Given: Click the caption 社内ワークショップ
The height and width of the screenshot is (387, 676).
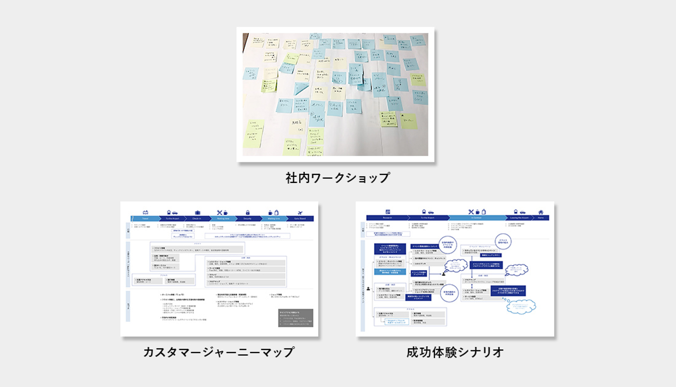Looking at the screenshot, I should click(338, 178).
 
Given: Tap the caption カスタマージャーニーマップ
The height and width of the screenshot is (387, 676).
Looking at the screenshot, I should click(219, 352).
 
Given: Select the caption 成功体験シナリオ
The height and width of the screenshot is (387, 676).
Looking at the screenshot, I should click(455, 352).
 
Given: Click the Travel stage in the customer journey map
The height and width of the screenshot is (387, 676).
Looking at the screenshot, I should click(145, 219).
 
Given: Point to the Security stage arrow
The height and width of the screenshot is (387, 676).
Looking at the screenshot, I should click(247, 219).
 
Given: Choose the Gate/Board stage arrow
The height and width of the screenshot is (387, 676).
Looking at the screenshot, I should click(300, 219).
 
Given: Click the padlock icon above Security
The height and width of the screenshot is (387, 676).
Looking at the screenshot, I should click(247, 212).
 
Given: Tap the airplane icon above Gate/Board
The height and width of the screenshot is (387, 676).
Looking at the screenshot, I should click(300, 212).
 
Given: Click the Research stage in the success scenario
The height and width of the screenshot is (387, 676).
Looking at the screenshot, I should click(387, 218).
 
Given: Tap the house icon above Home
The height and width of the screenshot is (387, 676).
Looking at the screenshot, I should click(541, 212).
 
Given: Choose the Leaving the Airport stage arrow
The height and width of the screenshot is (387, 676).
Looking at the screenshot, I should click(518, 218).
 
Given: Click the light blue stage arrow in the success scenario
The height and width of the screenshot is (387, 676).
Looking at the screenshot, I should click(476, 218).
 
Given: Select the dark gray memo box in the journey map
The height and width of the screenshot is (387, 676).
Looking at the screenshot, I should click(295, 318).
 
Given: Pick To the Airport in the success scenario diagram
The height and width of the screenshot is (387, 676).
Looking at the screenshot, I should click(427, 218).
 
